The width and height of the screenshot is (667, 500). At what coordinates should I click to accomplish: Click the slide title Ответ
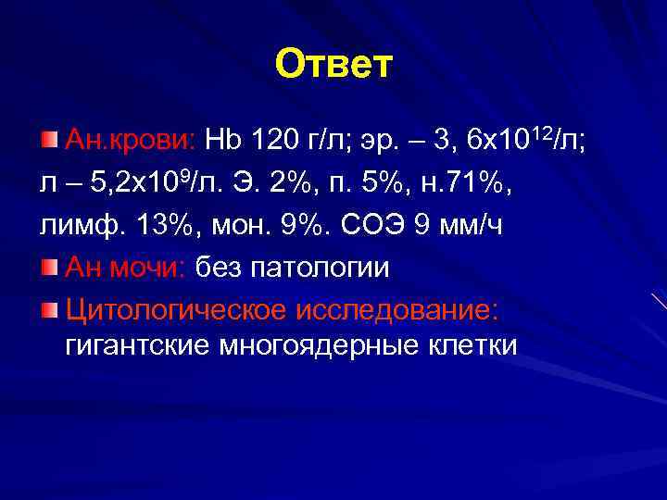(334, 65)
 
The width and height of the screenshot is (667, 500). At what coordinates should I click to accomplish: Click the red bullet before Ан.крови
(49, 140)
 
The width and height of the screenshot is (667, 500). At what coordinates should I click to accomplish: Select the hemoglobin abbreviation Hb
(222, 141)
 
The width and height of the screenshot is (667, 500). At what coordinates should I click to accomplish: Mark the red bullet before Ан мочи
(49, 267)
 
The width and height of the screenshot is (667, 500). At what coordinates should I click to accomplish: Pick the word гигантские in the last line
(137, 346)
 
